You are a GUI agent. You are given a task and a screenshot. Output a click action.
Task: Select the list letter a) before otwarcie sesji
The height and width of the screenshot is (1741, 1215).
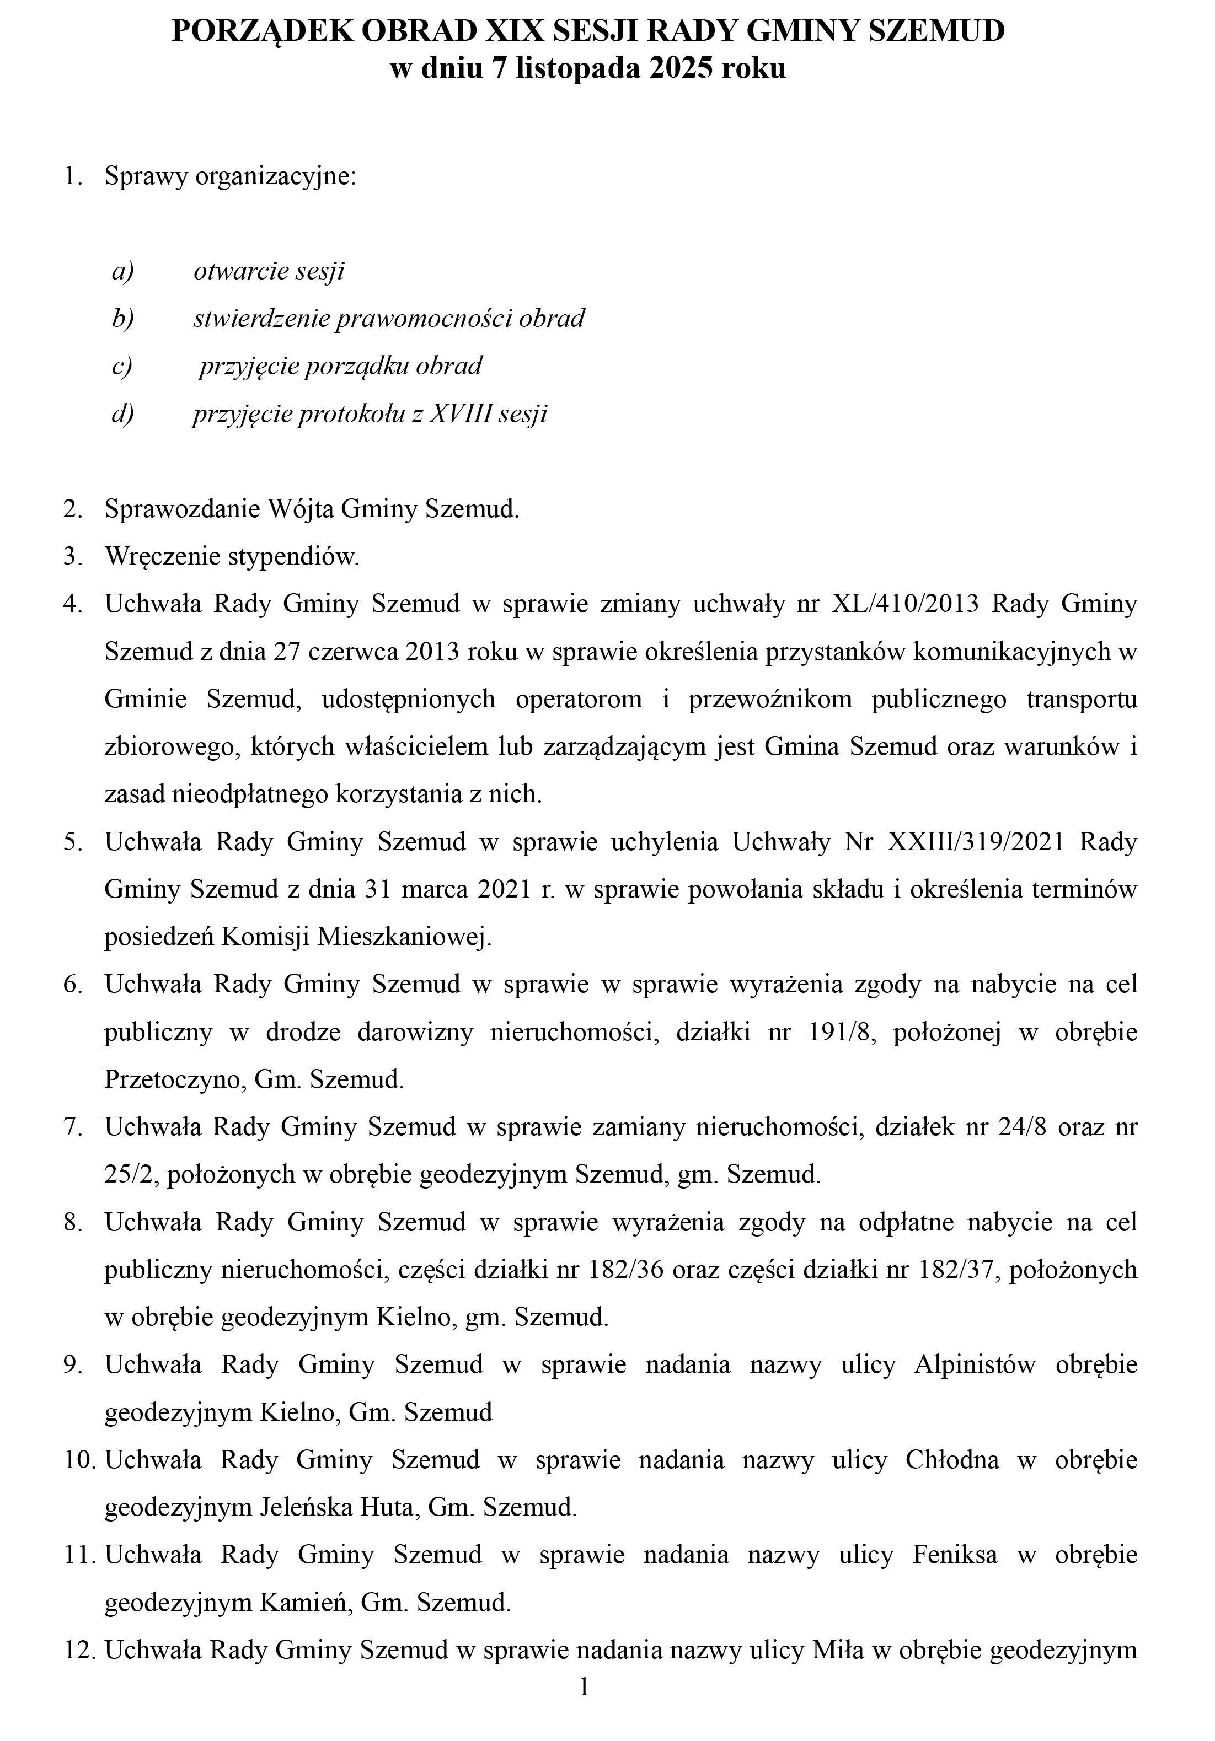122,271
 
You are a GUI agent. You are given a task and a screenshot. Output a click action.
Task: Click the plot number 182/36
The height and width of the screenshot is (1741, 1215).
629,1270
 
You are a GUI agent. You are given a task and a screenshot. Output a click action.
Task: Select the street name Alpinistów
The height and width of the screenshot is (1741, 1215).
975,1365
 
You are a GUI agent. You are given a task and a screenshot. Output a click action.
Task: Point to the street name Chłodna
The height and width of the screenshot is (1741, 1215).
952,1460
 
